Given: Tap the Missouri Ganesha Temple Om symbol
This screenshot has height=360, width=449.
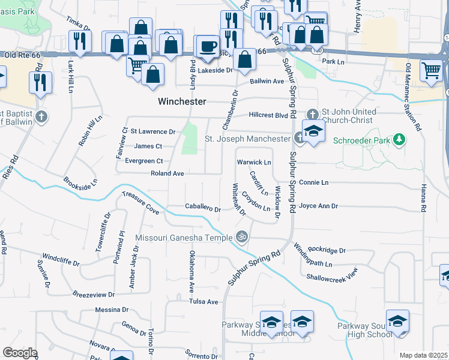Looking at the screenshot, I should coord(242,237).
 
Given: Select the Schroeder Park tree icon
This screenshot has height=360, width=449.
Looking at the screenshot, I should coord(399,140).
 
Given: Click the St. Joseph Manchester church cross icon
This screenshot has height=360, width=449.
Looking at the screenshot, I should coord(300,139).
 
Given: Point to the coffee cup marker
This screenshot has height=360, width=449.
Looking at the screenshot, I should coord(209,46).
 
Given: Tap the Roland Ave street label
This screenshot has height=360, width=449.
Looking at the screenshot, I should coord(167,173).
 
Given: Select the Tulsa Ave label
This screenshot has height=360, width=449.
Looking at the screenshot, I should coord(204,301).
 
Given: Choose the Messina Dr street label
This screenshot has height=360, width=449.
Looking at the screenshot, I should coord(112,310).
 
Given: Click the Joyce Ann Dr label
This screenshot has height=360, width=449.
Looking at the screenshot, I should coord(319,206).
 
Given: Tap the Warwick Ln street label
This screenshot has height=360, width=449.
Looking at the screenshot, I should coord(255,162).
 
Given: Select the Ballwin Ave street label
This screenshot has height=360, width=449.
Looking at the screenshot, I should coord(267,81).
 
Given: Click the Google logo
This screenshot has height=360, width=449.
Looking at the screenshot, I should coord(20,353).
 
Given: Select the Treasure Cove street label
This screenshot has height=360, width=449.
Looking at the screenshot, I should coord(140,203).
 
